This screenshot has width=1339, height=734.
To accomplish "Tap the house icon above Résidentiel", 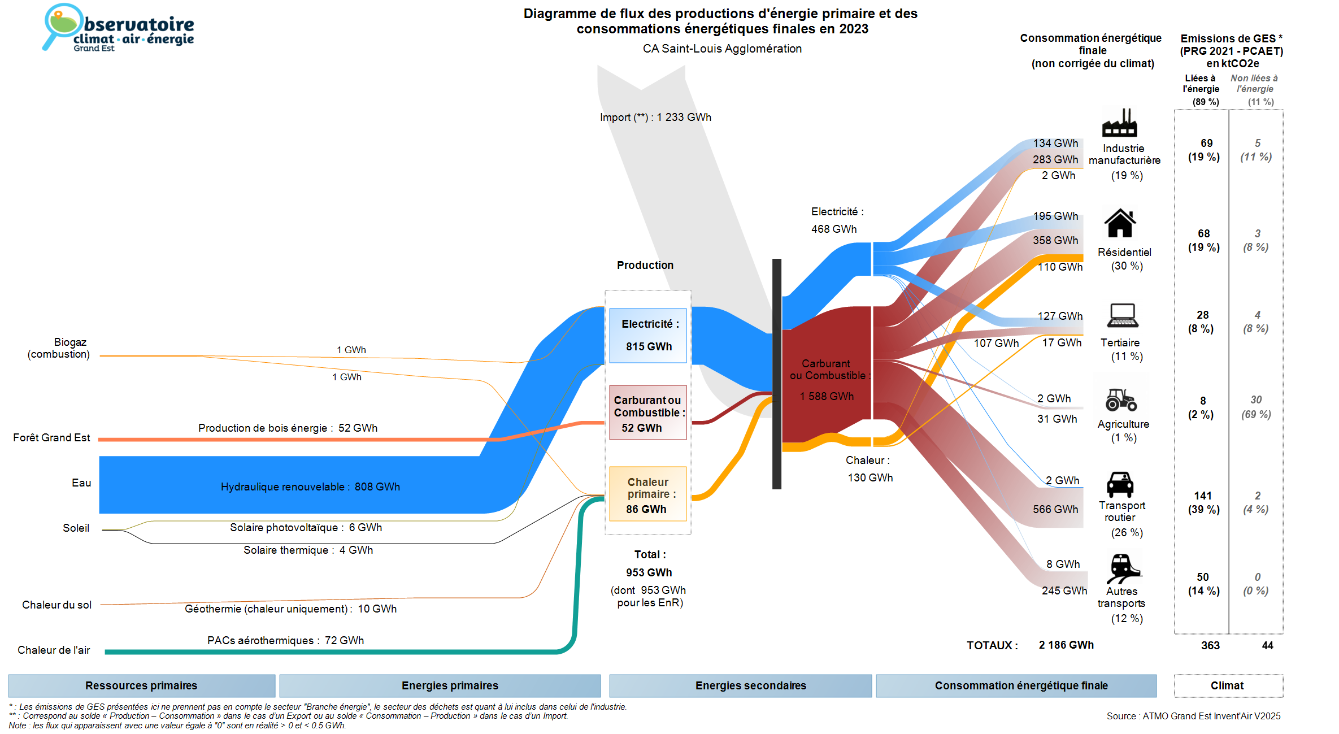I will click(x=1120, y=223).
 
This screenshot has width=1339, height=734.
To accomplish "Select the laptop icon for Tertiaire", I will click(x=1122, y=315).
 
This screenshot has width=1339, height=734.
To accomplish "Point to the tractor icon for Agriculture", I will click(x=1121, y=399).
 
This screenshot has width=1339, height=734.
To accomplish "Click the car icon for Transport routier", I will click(x=1120, y=484).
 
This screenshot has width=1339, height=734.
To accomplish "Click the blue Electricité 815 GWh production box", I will click(x=648, y=335).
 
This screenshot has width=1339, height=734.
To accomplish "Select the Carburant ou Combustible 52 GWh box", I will click(x=648, y=412).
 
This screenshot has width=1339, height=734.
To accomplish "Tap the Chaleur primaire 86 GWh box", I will click(x=648, y=494).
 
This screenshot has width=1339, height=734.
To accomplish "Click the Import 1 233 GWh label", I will click(x=655, y=118).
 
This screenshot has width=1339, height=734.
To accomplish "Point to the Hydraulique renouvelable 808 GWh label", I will click(x=310, y=487).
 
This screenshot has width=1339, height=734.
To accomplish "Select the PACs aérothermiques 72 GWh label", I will click(x=285, y=640).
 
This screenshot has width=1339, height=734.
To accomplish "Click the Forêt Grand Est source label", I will click(x=51, y=437).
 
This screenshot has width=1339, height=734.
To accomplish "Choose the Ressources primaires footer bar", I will click(x=141, y=685).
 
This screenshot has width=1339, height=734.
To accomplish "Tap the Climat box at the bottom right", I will click(x=1228, y=685).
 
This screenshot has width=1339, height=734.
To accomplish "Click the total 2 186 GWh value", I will click(x=1066, y=645).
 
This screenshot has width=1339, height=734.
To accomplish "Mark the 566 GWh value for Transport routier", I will click(x=1055, y=509).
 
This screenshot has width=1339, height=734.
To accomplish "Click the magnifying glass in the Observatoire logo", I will click(x=60, y=25).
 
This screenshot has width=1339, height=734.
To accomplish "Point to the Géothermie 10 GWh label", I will click(x=290, y=609).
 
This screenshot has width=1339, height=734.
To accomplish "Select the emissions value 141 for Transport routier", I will click(x=1203, y=496).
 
